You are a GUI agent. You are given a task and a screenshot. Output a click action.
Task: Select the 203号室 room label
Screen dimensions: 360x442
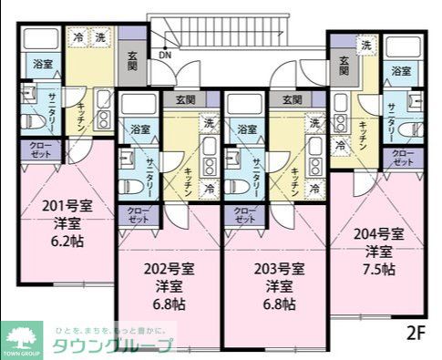(278, 268)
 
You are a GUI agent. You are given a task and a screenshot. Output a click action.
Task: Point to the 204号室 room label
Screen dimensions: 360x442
(379, 231)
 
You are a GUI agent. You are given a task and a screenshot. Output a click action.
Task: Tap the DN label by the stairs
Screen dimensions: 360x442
(164, 55)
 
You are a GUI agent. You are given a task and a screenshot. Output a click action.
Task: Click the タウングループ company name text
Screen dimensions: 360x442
(112, 346)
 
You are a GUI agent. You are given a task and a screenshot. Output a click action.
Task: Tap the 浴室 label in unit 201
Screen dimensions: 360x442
(42, 64)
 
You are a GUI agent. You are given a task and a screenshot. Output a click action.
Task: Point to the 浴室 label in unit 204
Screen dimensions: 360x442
(401, 70)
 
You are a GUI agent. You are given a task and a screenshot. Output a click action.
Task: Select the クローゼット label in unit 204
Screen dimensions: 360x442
(402, 157)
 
